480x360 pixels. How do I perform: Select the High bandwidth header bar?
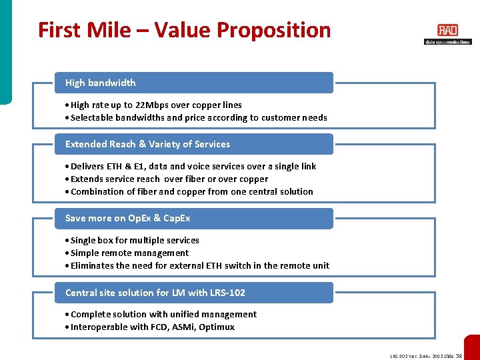pos(193,83)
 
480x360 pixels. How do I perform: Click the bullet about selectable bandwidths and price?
pos(199,118)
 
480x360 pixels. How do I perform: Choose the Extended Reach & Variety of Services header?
pos(193,144)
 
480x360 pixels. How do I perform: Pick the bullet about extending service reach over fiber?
pos(169,179)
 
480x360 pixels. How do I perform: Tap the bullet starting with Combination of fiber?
pos(191,191)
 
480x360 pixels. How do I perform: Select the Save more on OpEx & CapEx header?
pos(193,218)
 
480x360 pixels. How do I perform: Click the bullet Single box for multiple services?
pos(135,240)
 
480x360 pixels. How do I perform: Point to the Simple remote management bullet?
pos(129,253)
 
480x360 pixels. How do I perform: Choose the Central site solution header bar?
pos(193,293)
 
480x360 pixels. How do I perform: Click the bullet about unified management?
pos(163,314)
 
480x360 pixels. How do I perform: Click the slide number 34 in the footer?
pos(458,356)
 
